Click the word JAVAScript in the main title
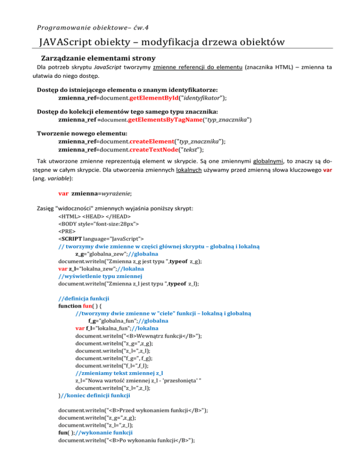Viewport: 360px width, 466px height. pyautogui.click(x=69, y=43)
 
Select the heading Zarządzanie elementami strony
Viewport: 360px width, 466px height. pyautogui.click(x=96, y=59)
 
